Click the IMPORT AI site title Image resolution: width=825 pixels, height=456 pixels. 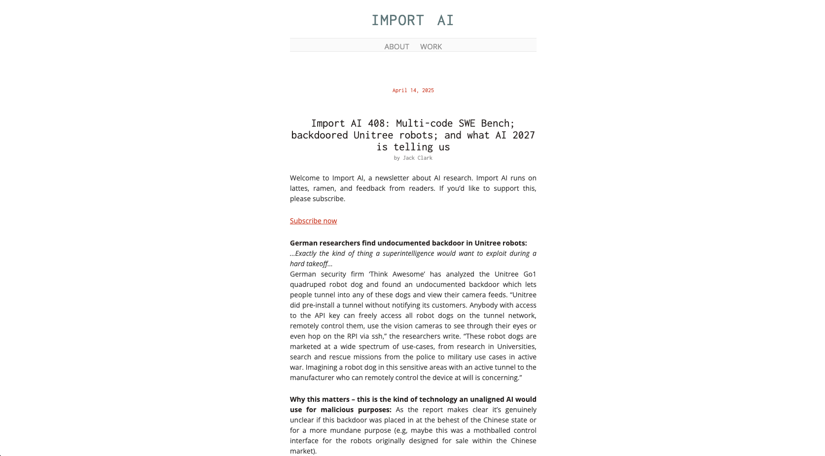point(412,20)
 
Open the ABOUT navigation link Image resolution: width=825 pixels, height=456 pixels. point(396,46)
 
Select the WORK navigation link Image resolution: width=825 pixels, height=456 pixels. point(430,46)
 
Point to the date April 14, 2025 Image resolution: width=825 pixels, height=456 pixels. point(413,90)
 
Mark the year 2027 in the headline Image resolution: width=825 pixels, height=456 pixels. point(524,135)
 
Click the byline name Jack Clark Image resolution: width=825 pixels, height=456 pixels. point(417,158)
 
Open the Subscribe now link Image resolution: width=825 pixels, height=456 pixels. point(313,221)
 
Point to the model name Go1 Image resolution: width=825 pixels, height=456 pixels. point(530,274)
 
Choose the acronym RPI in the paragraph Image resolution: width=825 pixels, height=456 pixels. point(352,336)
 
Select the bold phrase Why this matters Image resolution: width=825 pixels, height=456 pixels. point(319,399)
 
